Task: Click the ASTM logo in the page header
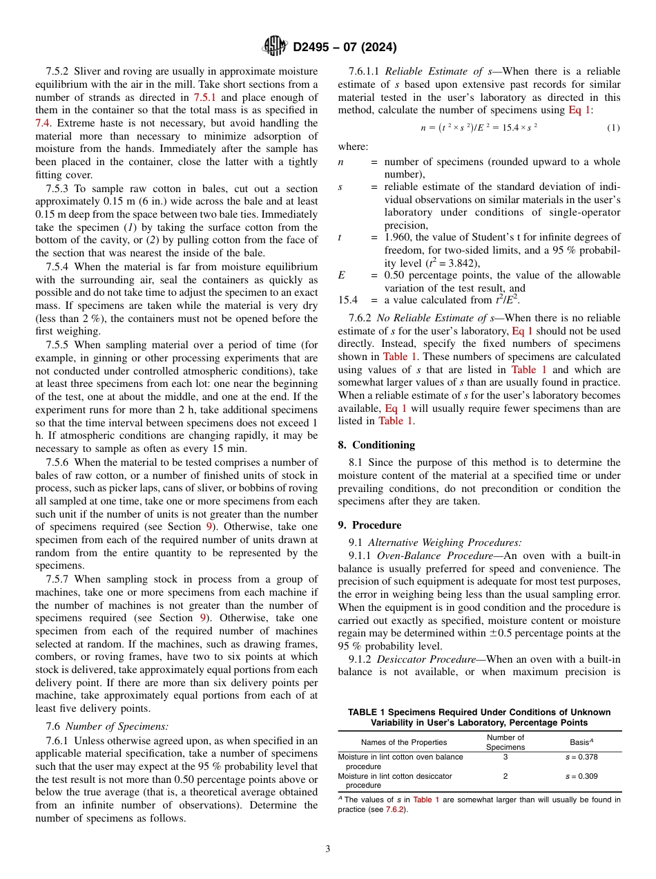pyautogui.click(x=276, y=47)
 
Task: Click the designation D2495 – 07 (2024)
pyautogui.click(x=345, y=48)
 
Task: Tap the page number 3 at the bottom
pyautogui.click(x=328, y=849)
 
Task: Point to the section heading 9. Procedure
pyautogui.click(x=369, y=524)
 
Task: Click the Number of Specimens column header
pyautogui.click(x=505, y=742)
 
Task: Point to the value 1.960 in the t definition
pyautogui.click(x=398, y=237)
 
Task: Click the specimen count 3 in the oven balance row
pyautogui.click(x=505, y=757)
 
